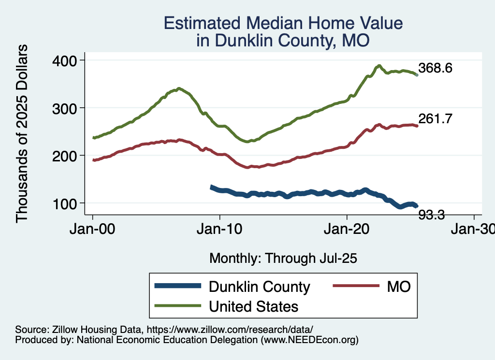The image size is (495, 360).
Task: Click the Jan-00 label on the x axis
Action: (93, 229)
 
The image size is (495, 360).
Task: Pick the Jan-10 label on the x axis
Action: (220, 229)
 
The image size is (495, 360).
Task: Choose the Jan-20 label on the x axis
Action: (347, 229)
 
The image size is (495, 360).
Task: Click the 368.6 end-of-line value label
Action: (435, 68)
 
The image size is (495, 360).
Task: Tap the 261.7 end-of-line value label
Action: (435, 119)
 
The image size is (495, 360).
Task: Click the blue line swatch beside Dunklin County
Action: (177, 286)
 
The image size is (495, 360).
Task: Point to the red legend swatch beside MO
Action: (355, 286)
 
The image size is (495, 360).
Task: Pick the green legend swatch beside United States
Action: (177, 306)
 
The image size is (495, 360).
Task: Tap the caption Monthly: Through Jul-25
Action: (283, 258)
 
